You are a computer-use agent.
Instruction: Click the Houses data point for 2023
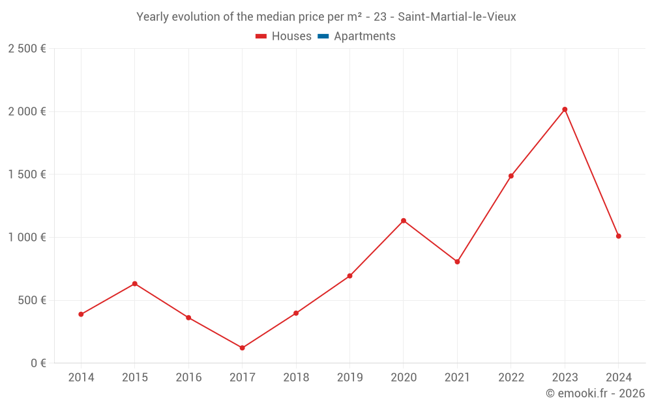pyautogui.click(x=565, y=109)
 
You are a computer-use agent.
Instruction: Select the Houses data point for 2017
pyautogui.click(x=242, y=348)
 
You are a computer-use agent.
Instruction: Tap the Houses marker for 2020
pyautogui.click(x=404, y=221)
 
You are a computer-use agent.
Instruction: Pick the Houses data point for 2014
pyautogui.click(x=81, y=315)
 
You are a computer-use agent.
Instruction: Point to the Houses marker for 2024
pyautogui.click(x=618, y=236)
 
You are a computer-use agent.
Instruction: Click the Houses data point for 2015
pyautogui.click(x=135, y=284)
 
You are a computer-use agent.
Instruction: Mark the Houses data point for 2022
pyautogui.click(x=511, y=176)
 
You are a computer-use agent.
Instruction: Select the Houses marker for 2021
pyautogui.click(x=457, y=262)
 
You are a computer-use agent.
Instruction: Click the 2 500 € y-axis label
pyautogui.click(x=27, y=49)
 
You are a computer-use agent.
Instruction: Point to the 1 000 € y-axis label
pyautogui.click(x=27, y=238)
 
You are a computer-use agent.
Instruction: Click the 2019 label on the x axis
pyautogui.click(x=349, y=378)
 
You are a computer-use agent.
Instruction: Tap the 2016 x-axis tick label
pyautogui.click(x=188, y=378)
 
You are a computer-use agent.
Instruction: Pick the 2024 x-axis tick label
pyautogui.click(x=618, y=378)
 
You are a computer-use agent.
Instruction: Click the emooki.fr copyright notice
pyautogui.click(x=595, y=393)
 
